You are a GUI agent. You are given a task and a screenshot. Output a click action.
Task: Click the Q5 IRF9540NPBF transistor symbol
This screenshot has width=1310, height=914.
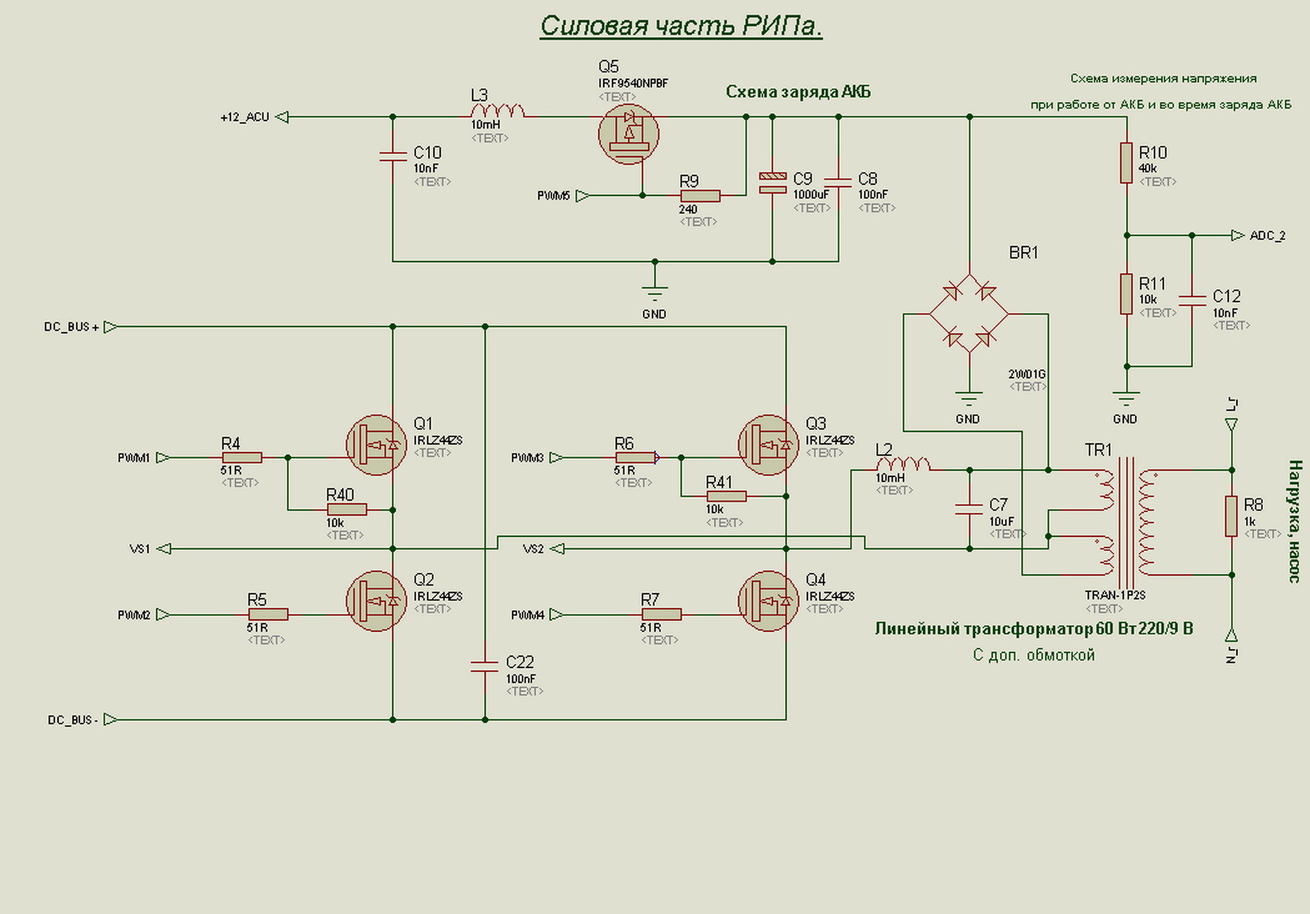coord(628,134)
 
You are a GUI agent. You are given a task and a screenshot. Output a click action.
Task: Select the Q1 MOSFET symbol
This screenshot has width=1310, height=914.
coord(376,445)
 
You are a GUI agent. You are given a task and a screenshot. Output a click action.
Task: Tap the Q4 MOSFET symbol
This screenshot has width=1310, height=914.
coord(768,601)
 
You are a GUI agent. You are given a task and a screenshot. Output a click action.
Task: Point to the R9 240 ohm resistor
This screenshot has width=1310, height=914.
coord(700,196)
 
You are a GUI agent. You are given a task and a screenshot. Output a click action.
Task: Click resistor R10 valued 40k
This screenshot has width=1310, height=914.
coord(1126,162)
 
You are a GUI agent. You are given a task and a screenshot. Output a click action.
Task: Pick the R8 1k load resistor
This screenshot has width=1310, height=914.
coord(1232,516)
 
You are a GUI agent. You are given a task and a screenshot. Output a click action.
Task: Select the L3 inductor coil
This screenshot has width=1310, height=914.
coord(498,112)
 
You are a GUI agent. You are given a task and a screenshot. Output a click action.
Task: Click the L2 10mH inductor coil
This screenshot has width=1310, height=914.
coord(903,465)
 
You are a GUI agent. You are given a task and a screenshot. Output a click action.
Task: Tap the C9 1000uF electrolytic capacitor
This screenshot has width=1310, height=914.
coord(772,182)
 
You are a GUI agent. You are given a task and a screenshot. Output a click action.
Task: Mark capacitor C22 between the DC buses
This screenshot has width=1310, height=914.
coord(484,666)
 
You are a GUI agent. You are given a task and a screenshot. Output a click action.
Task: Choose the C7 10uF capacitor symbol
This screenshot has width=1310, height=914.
coord(970,509)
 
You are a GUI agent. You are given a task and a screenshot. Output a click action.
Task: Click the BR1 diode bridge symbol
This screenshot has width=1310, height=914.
coord(969,314)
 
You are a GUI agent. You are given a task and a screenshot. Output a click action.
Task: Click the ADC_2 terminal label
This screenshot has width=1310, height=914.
coord(1267,236)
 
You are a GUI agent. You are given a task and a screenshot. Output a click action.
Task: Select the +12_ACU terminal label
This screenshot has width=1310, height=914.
coord(245,117)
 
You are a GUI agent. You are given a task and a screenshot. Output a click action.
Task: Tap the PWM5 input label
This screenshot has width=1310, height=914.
coord(553,196)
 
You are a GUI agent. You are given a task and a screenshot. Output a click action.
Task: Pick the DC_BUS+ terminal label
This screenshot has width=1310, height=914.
coord(72,327)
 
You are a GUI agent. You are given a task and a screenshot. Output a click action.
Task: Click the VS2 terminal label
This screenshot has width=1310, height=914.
coord(534,549)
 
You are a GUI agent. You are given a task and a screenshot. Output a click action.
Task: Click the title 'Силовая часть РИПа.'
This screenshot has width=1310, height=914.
coord(681,27)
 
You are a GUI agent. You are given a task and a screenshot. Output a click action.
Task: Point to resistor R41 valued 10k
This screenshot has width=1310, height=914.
coord(727,497)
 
